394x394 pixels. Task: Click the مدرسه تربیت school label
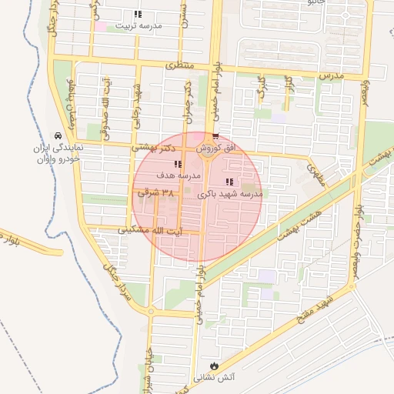[139, 25]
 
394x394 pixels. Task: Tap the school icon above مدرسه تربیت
[137, 15]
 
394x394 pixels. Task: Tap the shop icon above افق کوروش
[215, 137]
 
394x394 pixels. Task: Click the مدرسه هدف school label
[179, 175]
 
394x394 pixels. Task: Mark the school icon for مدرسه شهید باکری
[229, 182]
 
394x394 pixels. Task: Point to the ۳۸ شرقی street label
[156, 194]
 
